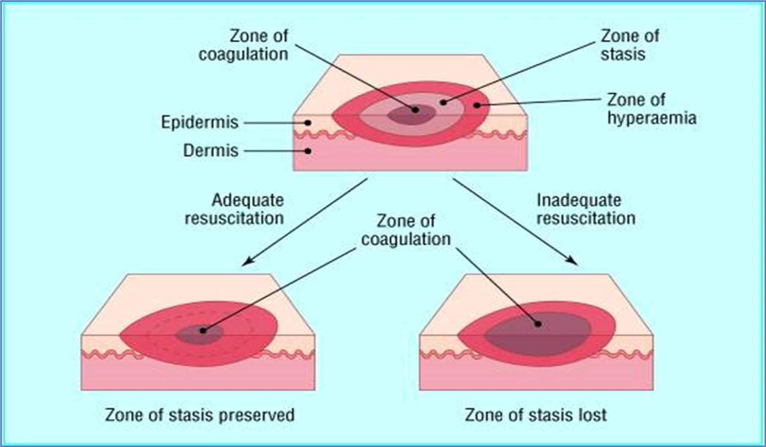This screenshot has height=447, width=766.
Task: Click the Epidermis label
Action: click(x=200, y=123)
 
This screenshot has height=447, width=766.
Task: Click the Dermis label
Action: click(x=211, y=151)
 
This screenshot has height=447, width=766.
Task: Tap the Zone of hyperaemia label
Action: click(x=651, y=109)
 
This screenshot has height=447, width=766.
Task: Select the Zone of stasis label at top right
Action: click(x=629, y=45)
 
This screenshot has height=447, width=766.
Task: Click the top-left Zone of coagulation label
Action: click(x=244, y=45)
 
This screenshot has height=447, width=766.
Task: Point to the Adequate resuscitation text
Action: click(x=234, y=209)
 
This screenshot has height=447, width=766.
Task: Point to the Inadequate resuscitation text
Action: click(x=586, y=209)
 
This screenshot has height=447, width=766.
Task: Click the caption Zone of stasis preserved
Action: click(x=199, y=415)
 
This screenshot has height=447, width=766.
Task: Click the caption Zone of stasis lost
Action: click(x=536, y=415)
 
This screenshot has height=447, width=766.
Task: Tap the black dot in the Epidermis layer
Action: click(x=308, y=123)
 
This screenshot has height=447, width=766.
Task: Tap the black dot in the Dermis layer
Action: click(x=308, y=151)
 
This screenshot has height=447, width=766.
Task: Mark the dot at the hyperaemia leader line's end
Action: click(x=477, y=105)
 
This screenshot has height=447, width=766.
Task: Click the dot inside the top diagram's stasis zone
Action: click(x=443, y=102)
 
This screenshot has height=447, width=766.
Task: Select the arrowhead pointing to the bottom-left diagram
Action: click(x=247, y=261)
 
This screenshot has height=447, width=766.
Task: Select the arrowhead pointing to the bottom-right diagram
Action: click(x=572, y=260)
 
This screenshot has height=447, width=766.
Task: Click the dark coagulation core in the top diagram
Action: click(x=411, y=115)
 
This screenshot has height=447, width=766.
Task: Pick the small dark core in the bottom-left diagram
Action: click(x=199, y=334)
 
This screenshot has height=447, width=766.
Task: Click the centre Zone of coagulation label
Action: click(x=406, y=230)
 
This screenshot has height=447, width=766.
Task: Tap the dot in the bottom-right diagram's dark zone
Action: click(x=538, y=324)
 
